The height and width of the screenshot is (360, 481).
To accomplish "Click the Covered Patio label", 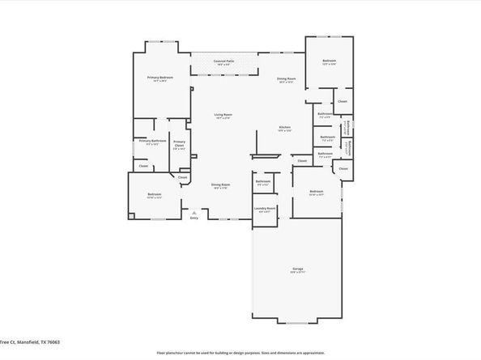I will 224,61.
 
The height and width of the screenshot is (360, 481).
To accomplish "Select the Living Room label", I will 223,115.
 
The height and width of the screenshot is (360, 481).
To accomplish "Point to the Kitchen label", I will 284,128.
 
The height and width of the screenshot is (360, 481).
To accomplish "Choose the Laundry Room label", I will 265,209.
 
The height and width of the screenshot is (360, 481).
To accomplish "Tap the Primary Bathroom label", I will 152,141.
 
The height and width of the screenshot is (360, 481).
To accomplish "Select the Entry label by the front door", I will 194,218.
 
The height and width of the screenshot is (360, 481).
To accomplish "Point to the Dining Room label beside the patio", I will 287,78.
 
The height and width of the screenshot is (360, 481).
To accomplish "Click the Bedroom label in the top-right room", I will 329,61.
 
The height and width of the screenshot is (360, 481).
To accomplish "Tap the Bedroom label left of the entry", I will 154,194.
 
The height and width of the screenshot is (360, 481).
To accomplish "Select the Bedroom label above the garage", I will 316,192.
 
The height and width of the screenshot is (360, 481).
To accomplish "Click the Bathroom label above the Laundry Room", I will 263,181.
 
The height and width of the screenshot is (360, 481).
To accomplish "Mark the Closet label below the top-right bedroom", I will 343,101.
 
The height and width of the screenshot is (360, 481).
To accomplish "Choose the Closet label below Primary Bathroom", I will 143,166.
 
